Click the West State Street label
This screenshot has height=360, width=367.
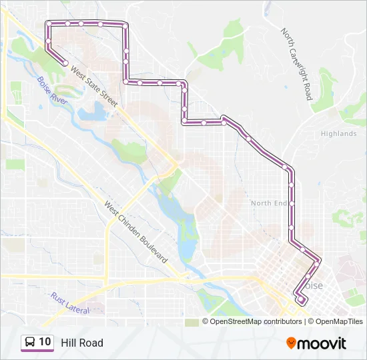pyautogui.click(x=94, y=86)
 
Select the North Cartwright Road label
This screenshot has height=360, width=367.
pyautogui.click(x=297, y=64)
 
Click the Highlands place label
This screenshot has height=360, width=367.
pyautogui.click(x=338, y=133)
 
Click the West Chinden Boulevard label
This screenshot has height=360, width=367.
pyautogui.click(x=135, y=232)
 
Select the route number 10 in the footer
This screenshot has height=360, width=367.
pyautogui.click(x=45, y=342)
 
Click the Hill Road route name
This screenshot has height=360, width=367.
pyautogui.click(x=82, y=343)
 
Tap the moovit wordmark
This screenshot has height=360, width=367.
pyautogui.click(x=322, y=343)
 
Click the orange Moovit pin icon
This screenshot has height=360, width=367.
pyautogui.click(x=291, y=343)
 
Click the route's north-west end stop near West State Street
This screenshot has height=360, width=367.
pyautogui.click(x=65, y=63)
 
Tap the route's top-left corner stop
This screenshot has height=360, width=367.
pyautogui.click(x=49, y=24)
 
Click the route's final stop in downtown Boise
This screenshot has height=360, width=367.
pyautogui.click(x=301, y=300)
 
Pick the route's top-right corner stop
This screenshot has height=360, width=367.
pyautogui.click(x=125, y=25)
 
